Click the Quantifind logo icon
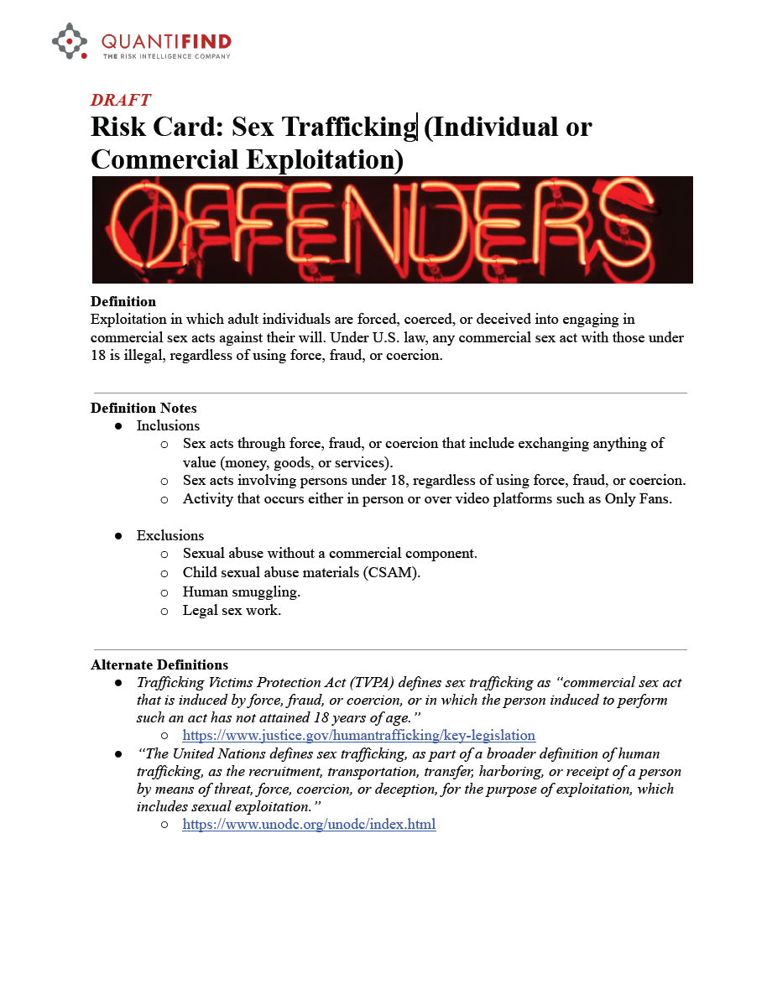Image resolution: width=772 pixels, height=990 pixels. (x=70, y=41)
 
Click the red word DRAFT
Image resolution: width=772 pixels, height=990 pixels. (x=121, y=100)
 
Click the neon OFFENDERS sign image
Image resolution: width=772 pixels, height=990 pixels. (x=392, y=229)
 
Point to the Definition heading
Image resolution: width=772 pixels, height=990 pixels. (x=123, y=301)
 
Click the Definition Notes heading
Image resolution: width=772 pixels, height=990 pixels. (x=143, y=409)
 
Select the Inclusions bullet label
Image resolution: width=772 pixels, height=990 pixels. (x=168, y=426)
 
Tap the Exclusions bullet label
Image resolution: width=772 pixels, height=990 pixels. (x=170, y=535)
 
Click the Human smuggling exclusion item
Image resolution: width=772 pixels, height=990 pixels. (x=242, y=591)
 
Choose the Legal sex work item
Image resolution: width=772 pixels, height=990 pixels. (x=232, y=610)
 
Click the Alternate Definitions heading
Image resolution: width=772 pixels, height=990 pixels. (x=159, y=664)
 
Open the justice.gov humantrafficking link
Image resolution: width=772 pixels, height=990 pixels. (x=359, y=735)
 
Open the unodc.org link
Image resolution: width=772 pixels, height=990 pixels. (x=309, y=824)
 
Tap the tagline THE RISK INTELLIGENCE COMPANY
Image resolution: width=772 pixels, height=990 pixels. (x=166, y=56)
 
